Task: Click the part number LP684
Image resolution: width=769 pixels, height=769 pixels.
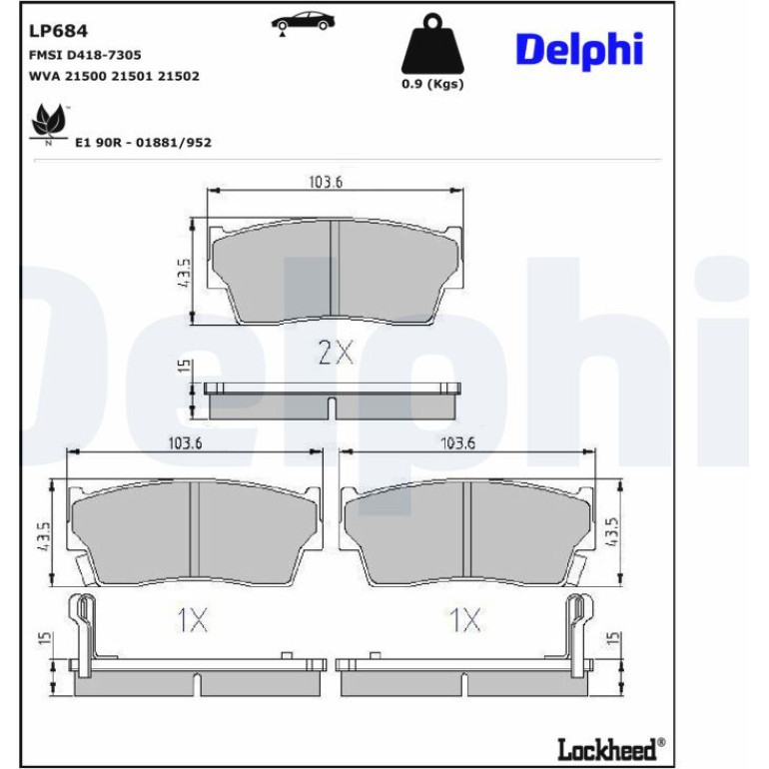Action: [x=58, y=31]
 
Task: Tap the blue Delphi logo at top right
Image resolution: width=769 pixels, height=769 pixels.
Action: [x=579, y=51]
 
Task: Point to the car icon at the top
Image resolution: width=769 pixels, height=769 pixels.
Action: [x=303, y=23]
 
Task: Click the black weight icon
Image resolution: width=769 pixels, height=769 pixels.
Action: [x=432, y=43]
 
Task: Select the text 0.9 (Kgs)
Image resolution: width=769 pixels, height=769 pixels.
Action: [x=432, y=84]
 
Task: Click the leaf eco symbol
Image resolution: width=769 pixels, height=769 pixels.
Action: [x=48, y=123]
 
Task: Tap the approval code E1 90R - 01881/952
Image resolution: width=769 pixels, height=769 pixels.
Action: [x=143, y=143]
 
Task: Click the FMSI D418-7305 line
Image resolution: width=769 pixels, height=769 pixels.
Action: [x=85, y=55]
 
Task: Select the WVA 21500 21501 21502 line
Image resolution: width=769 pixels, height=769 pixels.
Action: [x=114, y=76]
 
